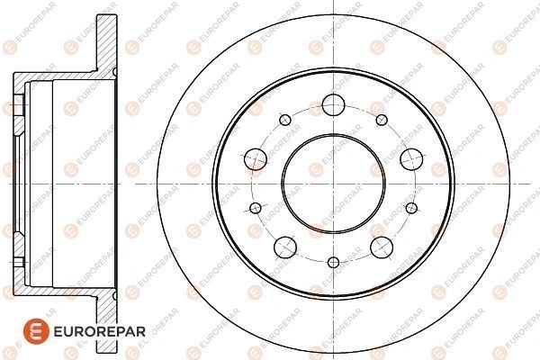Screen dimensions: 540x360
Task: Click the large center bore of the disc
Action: point(333,184)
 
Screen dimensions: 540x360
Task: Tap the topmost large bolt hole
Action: point(333,104)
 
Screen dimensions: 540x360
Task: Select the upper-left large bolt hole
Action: point(256,159)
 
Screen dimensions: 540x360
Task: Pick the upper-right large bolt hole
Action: point(411,159)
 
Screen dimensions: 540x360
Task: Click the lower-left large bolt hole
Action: point(285,247)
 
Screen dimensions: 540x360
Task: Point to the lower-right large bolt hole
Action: point(382,247)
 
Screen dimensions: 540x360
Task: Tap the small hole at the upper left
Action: point(285,120)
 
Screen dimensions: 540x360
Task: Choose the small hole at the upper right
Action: point(382,120)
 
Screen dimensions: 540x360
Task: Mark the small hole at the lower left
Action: point(256,208)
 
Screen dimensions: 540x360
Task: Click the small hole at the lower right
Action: point(411,208)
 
